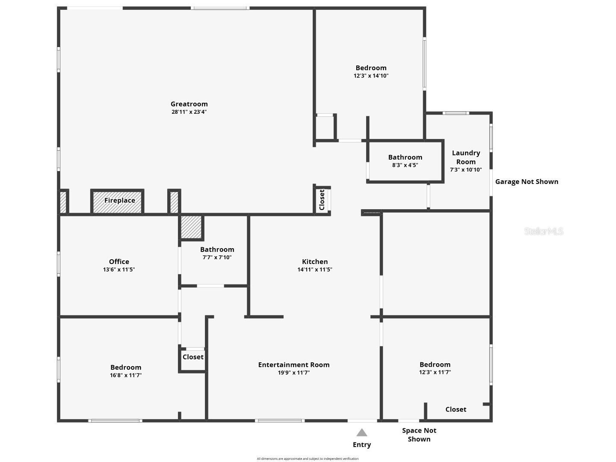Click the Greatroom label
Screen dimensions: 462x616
(x=189, y=104)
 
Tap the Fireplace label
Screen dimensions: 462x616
(x=120, y=200)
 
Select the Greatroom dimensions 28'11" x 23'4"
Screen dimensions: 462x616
(x=189, y=112)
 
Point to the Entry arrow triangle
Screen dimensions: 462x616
(x=362, y=432)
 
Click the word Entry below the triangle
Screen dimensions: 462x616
(x=362, y=445)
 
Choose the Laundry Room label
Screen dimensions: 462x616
(x=466, y=157)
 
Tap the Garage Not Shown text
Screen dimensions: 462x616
(x=527, y=181)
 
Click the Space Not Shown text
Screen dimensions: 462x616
(x=419, y=435)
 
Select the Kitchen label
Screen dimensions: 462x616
(x=315, y=262)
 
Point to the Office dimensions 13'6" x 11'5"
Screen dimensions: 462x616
(x=119, y=269)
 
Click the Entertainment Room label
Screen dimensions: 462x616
(x=294, y=365)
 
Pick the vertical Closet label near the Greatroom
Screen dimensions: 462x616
(x=322, y=200)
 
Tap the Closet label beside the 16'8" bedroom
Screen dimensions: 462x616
(x=193, y=357)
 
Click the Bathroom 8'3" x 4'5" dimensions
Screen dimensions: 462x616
(x=405, y=165)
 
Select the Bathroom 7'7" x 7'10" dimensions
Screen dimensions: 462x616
(x=217, y=258)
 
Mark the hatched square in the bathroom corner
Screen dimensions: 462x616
(x=191, y=227)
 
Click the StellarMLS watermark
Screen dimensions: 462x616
(x=544, y=231)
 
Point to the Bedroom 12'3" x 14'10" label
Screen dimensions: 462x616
(x=371, y=68)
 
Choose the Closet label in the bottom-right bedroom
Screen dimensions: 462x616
(x=456, y=409)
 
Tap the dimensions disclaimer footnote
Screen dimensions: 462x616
(x=308, y=459)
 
